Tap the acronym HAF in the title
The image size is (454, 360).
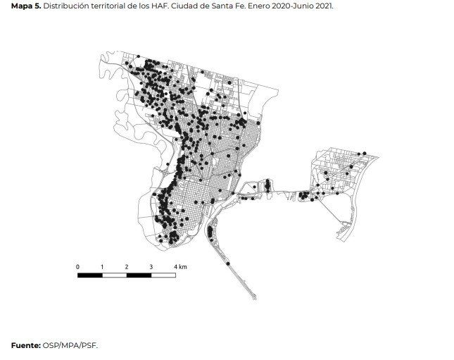(157, 5)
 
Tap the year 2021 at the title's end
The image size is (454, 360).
(324, 5)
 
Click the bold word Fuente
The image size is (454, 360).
(25, 345)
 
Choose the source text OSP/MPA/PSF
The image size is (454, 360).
(70, 345)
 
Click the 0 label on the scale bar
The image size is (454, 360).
(77, 266)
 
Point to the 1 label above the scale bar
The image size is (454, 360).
(102, 266)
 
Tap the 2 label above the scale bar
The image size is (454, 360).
(127, 266)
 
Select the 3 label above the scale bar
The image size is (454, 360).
(151, 266)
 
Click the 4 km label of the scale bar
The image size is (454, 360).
(180, 266)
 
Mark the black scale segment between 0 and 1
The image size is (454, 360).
(90, 275)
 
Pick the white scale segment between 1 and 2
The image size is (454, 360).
(115, 275)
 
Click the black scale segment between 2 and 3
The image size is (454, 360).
(139, 275)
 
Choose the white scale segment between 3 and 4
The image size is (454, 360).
(163, 275)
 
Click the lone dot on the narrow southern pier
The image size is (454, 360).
(228, 263)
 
